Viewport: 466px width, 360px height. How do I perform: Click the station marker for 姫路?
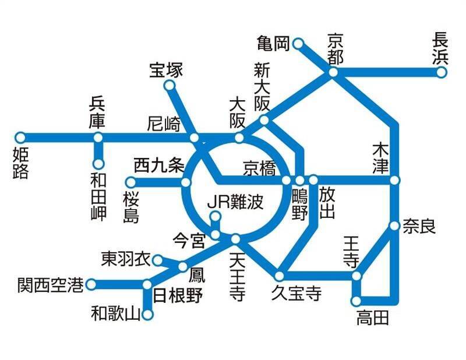click(x=20, y=138)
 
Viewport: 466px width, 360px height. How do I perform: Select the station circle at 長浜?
click(x=442, y=72)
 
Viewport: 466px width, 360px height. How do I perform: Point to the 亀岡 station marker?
click(x=298, y=43)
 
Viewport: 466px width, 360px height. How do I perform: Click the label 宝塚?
click(x=166, y=70)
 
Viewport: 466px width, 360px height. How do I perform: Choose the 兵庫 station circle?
click(x=98, y=138)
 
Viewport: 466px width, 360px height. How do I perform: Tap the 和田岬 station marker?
click(x=98, y=164)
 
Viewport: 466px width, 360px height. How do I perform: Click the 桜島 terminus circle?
click(x=131, y=182)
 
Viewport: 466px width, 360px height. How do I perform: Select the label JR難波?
click(x=236, y=203)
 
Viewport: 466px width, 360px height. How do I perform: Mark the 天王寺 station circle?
click(x=236, y=239)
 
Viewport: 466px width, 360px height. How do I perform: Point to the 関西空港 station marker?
click(x=91, y=285)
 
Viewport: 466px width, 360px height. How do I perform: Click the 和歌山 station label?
click(x=116, y=315)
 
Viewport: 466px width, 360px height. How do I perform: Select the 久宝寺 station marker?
click(x=280, y=276)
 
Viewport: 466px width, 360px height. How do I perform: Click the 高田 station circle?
click(x=356, y=301)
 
